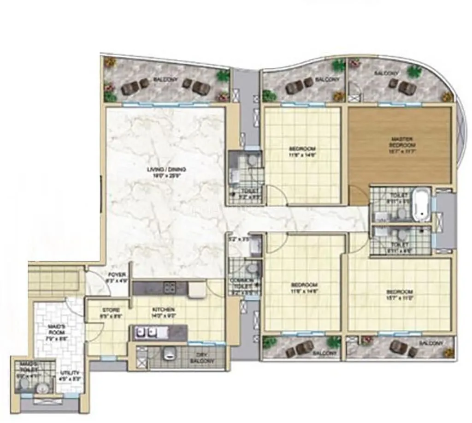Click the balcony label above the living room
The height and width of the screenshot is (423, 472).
(163, 80)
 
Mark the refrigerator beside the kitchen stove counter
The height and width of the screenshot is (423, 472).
(197, 289)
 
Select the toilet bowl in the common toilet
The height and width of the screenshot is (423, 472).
(251, 269)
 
